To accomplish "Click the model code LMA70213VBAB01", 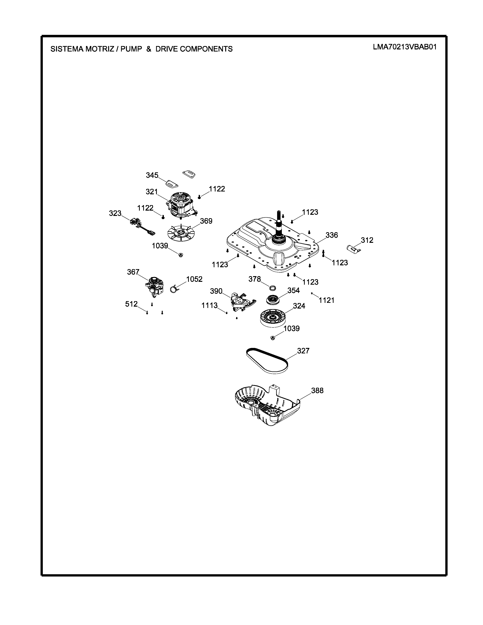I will [405, 47].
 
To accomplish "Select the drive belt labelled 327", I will [267, 361].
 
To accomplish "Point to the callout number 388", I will [317, 390].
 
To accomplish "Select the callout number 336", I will [332, 235].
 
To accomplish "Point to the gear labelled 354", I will [272, 300].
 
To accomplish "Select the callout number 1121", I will [327, 300].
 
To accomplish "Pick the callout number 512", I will [131, 304].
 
